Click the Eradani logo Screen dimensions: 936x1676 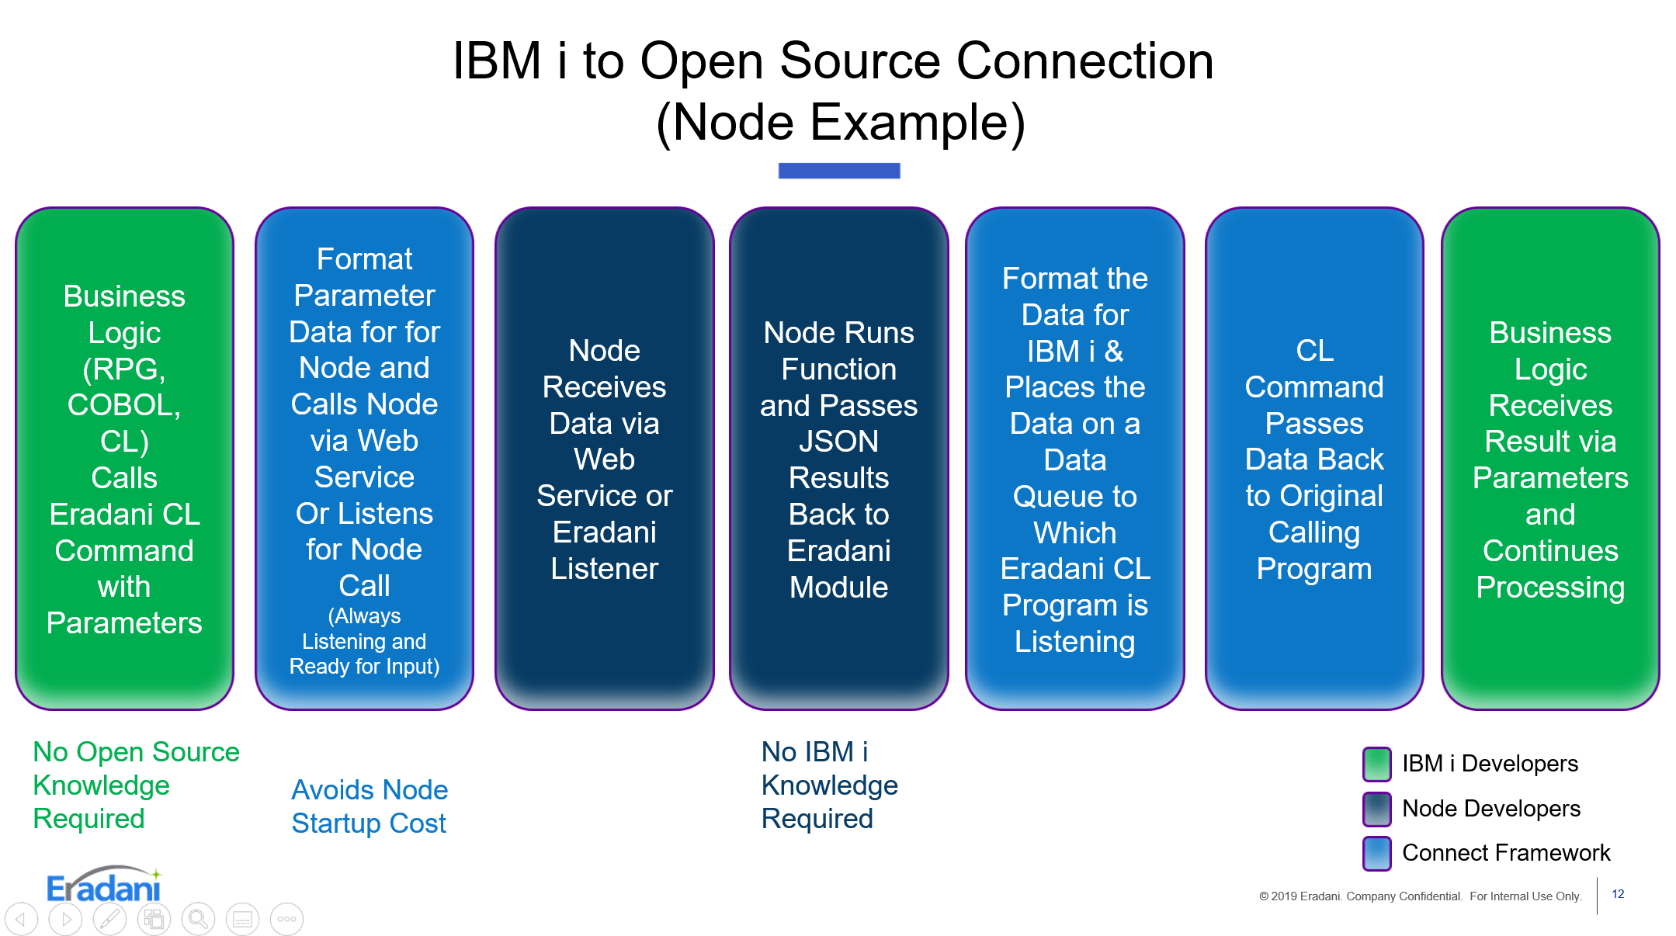click(x=104, y=886)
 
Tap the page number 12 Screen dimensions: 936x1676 click(x=1618, y=894)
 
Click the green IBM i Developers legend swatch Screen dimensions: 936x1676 click(x=1376, y=764)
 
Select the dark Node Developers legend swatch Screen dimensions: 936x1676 click(x=1376, y=809)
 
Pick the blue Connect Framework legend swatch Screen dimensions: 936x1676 click(x=1376, y=853)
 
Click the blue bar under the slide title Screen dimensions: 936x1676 click(x=839, y=171)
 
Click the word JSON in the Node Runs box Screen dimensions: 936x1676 click(x=838, y=442)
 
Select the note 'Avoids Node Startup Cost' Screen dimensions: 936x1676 click(x=370, y=806)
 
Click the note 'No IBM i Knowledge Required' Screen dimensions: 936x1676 click(x=829, y=785)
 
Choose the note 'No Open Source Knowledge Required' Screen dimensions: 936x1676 click(x=136, y=785)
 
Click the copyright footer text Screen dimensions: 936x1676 click(x=1420, y=896)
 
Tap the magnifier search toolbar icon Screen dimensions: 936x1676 click(x=198, y=920)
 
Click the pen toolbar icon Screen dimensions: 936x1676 click(x=109, y=920)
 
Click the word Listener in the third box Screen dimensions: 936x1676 click(x=604, y=569)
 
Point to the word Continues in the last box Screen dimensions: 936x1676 click(x=1549, y=551)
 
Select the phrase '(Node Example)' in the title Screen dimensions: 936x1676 click(x=840, y=123)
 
